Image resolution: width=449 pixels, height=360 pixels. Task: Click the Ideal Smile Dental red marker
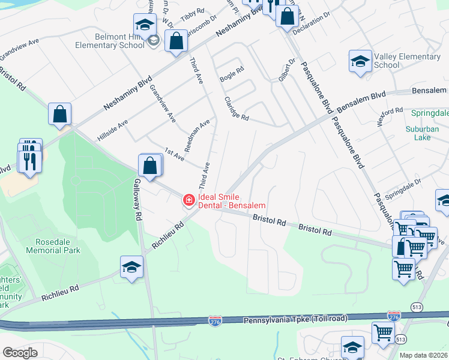(x=188, y=200)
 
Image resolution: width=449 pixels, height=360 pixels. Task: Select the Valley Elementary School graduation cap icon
(x=360, y=62)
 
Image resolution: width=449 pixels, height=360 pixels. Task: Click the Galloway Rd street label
(x=137, y=199)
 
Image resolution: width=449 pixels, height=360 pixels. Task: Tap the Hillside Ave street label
(x=114, y=132)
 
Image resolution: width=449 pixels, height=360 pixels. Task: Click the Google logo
(x=20, y=352)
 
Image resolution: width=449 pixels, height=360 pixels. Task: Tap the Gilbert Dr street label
(x=283, y=70)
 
